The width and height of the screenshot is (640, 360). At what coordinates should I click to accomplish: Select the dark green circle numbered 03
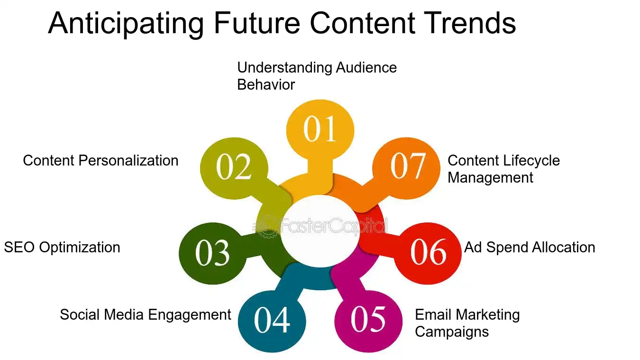click(x=212, y=253)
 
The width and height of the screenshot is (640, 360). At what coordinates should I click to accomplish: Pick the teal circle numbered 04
click(x=272, y=320)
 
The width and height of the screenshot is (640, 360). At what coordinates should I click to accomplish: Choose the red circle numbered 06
click(x=428, y=252)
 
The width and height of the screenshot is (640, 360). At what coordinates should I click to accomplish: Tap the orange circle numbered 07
click(x=407, y=166)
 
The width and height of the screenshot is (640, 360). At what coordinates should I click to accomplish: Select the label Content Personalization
click(x=101, y=160)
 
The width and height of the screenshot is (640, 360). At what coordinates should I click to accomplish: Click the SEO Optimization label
click(x=62, y=247)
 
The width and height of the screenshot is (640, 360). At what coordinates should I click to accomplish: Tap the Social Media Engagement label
click(x=145, y=314)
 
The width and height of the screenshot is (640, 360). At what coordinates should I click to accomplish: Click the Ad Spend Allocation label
click(x=530, y=247)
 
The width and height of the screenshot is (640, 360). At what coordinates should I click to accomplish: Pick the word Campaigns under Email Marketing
click(x=451, y=332)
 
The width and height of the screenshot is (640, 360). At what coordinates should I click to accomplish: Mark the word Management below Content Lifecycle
click(x=490, y=177)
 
